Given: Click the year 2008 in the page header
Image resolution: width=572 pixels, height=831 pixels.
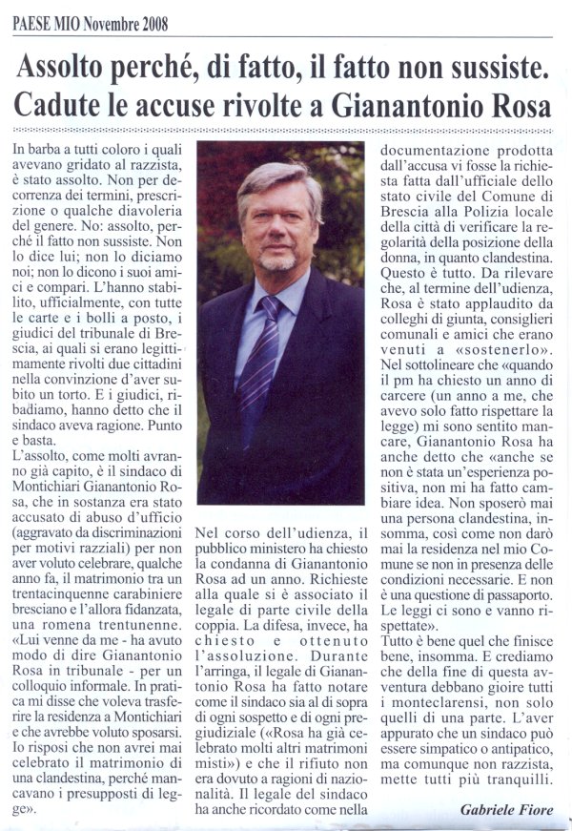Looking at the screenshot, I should [150, 26].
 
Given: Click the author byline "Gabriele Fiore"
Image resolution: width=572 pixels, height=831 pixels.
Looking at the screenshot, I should [505, 809].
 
